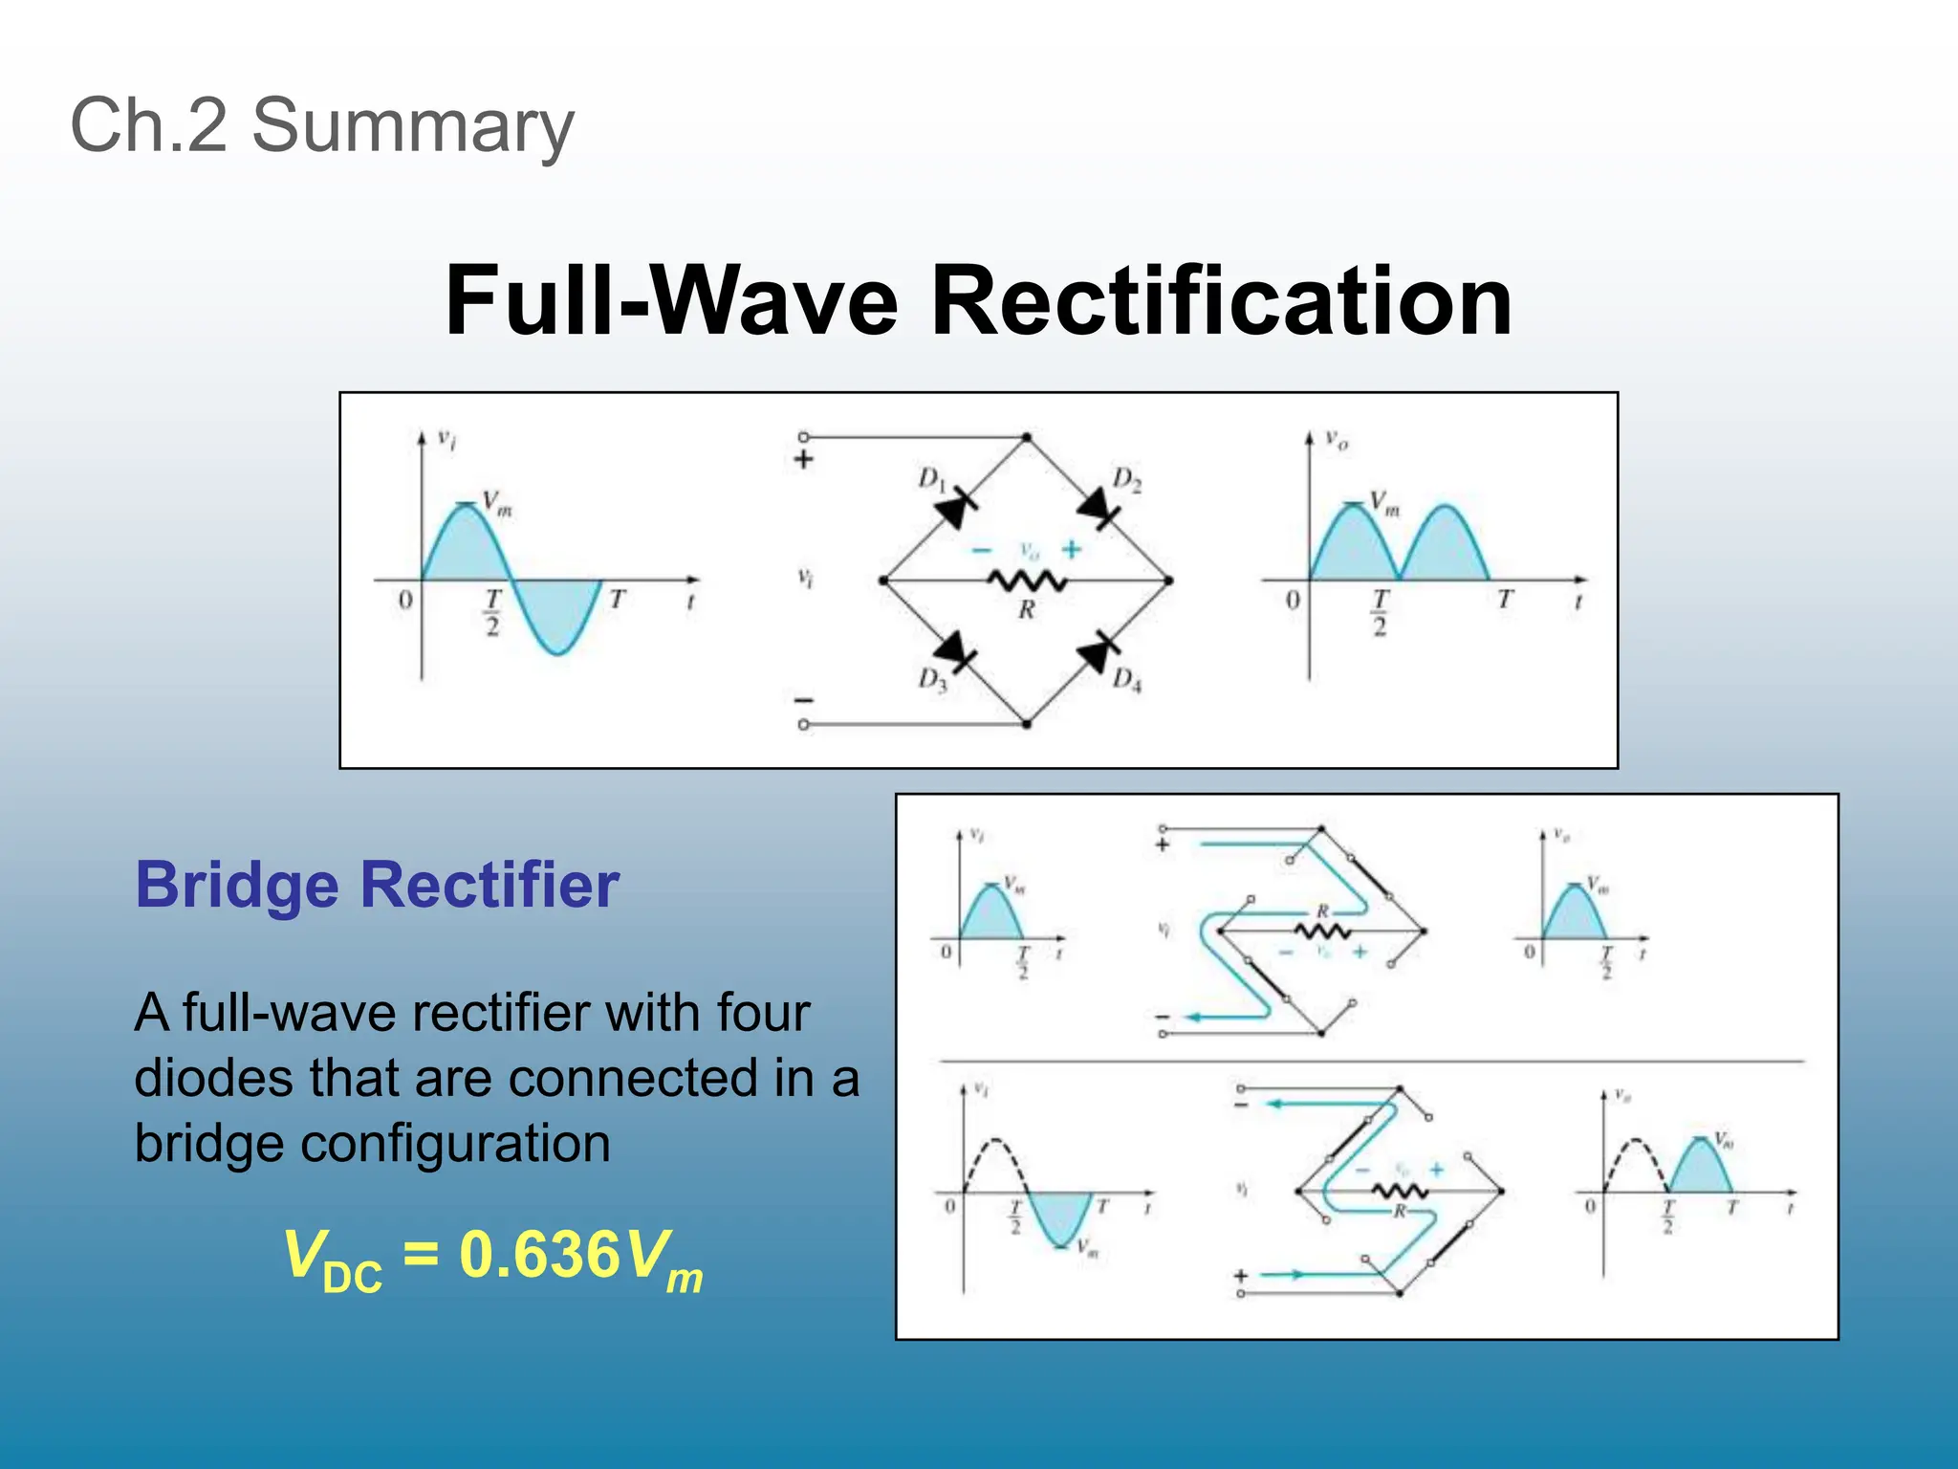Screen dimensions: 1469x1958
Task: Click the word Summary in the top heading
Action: click(412, 126)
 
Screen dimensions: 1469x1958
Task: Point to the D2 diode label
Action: click(1126, 479)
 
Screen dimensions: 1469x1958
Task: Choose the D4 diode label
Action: click(1126, 680)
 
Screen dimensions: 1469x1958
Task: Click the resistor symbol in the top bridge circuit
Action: click(1027, 580)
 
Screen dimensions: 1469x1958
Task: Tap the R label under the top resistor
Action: click(1027, 609)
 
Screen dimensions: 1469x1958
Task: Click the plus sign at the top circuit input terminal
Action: click(804, 460)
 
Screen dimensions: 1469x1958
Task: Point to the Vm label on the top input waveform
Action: click(496, 502)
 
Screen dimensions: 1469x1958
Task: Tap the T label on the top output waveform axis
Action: click(1505, 600)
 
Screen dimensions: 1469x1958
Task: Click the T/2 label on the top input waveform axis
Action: click(492, 612)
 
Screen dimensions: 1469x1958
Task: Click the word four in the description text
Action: click(763, 1013)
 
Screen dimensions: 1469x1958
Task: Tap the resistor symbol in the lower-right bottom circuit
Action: click(1400, 1192)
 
